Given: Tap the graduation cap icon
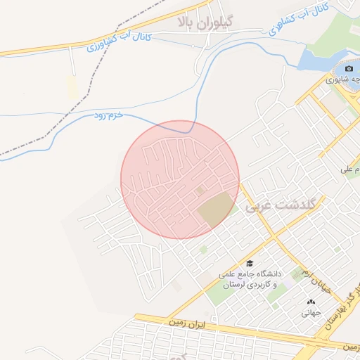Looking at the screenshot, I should click(250, 263).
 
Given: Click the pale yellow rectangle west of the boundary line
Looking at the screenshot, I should click(71, 87).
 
